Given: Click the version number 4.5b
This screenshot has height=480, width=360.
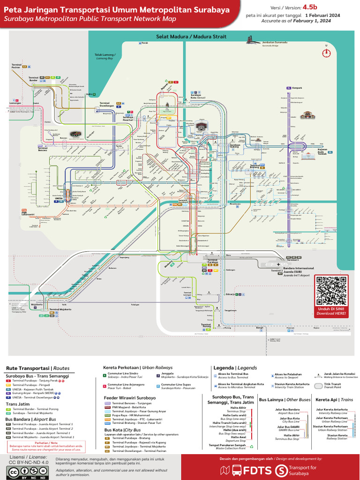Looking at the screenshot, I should click(x=310, y=7).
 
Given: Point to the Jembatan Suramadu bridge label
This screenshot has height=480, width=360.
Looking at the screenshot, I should click(x=275, y=43).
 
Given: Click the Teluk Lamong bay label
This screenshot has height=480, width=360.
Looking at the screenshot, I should click(x=105, y=56).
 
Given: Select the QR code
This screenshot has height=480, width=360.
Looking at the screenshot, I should click(x=332, y=291).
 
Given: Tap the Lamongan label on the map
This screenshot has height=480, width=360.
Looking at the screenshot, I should click(x=9, y=104).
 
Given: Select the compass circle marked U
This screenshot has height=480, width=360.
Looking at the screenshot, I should click(x=327, y=53).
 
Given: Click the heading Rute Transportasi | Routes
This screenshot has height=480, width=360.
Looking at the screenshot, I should click(x=37, y=368).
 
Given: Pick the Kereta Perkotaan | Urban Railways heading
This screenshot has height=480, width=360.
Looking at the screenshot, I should click(x=138, y=367).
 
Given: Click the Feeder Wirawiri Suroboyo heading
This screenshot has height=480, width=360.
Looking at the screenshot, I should click(x=130, y=397).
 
